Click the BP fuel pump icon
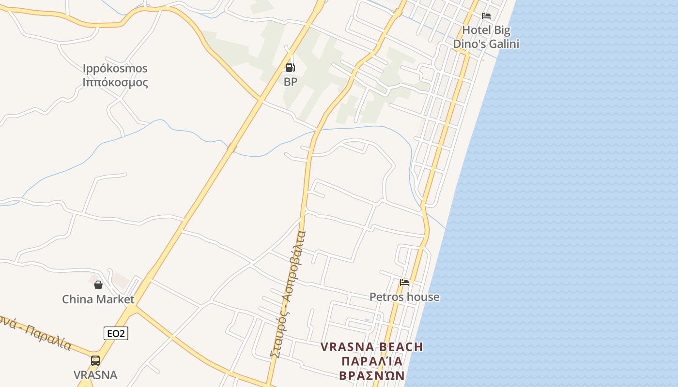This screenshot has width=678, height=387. tap(290, 68)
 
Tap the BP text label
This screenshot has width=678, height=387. tap(291, 82)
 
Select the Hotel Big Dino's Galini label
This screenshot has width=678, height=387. tap(486, 37)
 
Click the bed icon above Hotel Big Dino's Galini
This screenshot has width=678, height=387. tap(486, 16)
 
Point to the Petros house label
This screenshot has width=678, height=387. tap(404, 297)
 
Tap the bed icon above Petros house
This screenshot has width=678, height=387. tap(404, 283)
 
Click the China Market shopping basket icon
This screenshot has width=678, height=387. tap(98, 285)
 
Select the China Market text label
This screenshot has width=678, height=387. tap(98, 299)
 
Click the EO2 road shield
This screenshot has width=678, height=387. tap(116, 333)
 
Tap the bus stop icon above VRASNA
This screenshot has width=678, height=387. tap(95, 360)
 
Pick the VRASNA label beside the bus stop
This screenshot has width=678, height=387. tap(95, 375)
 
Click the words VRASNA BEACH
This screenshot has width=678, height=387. tap(372, 347)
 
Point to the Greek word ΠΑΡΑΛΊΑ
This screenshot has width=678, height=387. tap(372, 361)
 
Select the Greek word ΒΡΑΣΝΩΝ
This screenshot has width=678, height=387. tap(372, 376)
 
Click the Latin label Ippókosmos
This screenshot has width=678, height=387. tap(115, 68)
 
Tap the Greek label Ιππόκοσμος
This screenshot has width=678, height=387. tap(115, 82)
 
